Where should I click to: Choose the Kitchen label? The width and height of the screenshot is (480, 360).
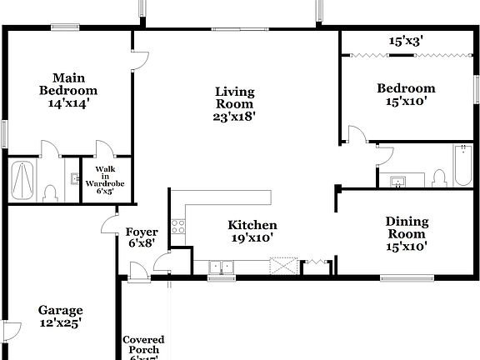click(x=252, y=225)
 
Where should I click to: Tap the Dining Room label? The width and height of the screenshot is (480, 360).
click(x=407, y=227)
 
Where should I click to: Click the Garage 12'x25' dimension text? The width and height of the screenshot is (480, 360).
click(x=60, y=323)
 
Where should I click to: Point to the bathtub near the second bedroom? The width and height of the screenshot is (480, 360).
click(x=461, y=167)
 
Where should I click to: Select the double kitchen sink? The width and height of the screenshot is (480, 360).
click(x=221, y=267)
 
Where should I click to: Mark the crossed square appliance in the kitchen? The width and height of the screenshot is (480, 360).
click(x=285, y=267)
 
